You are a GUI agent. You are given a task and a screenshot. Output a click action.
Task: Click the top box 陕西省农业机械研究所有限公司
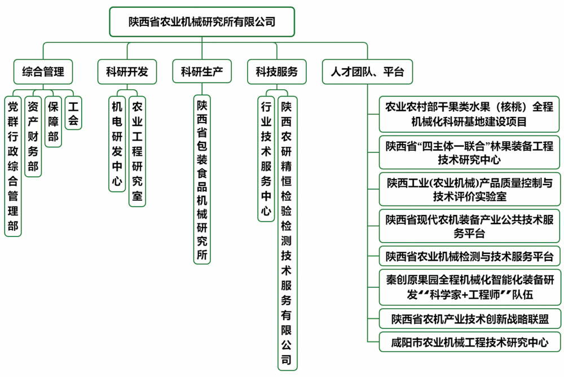(x=201, y=22)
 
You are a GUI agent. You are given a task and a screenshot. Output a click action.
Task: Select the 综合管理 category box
(x=43, y=72)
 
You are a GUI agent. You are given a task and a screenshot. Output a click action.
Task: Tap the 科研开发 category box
(x=126, y=72)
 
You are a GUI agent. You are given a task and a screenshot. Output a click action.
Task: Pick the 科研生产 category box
(x=202, y=72)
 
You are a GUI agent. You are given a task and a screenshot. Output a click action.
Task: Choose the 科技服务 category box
(x=276, y=72)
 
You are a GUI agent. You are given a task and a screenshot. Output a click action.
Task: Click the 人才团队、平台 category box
(x=367, y=72)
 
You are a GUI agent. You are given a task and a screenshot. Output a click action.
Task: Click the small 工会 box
(x=73, y=113)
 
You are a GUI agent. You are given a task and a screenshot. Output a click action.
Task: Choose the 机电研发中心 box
(x=117, y=144)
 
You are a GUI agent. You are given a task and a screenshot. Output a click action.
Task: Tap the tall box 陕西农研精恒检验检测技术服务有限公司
(x=287, y=232)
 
